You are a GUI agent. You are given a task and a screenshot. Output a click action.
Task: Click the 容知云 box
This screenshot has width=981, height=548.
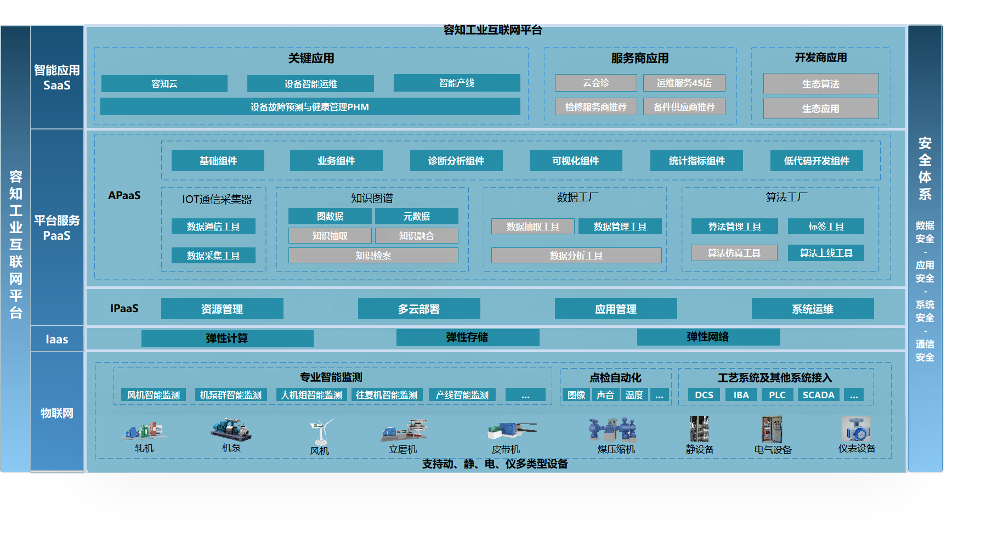(165, 84)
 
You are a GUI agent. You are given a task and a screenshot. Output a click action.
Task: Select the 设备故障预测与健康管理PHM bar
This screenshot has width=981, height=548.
(310, 107)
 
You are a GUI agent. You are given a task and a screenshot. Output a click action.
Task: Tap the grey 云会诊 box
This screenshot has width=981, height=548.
(596, 83)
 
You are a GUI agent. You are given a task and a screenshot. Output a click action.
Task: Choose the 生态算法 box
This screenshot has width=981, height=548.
(820, 84)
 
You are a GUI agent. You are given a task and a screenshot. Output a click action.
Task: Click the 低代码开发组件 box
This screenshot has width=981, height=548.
(816, 161)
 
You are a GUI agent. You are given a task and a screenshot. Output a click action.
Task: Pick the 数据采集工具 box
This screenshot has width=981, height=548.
(213, 256)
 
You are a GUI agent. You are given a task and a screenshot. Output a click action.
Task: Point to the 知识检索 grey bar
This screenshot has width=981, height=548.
(373, 256)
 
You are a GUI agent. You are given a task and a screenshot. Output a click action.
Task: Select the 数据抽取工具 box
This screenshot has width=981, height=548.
(532, 227)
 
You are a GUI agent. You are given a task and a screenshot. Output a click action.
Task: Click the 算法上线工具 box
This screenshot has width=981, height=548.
(826, 253)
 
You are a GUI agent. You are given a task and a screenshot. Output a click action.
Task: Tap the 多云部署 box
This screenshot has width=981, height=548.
(419, 309)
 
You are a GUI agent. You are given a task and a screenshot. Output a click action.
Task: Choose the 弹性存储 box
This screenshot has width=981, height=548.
(467, 337)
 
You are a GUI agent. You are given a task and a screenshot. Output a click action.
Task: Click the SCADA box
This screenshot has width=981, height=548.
(818, 395)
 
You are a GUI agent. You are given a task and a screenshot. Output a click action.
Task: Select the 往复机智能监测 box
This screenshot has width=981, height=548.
(387, 395)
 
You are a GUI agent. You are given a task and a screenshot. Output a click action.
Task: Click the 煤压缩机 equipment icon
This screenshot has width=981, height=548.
(613, 430)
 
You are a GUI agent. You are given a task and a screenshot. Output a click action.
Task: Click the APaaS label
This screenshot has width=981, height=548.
(124, 195)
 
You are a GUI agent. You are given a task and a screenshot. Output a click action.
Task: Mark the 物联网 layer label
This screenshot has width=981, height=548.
(57, 413)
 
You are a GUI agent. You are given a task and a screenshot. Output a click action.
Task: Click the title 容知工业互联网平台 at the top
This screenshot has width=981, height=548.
(492, 30)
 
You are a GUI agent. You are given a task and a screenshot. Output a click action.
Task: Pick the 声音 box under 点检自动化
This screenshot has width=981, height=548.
(605, 395)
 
